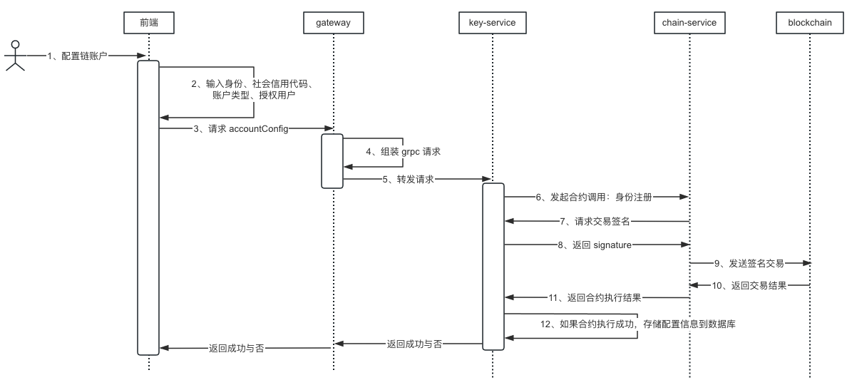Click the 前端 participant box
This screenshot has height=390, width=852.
149,23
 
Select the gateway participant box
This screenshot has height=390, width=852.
333,23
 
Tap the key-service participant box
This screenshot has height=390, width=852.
492,23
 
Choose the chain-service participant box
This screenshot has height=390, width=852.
689,23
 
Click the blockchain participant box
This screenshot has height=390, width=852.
811,23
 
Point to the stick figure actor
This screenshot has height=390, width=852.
15,56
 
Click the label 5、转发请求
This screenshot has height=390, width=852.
409,179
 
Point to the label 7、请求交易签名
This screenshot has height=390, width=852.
594,221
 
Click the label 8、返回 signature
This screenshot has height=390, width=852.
595,245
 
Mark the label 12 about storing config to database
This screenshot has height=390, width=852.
637,324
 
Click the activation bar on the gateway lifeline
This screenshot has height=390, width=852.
332,160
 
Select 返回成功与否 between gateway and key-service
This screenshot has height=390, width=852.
414,343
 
